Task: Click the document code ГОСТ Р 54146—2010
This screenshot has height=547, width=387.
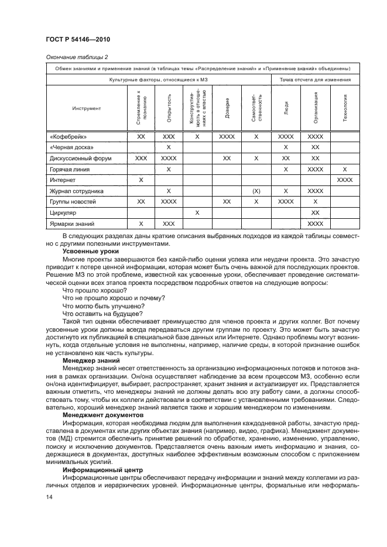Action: tap(78, 39)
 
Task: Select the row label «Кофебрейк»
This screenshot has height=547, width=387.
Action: tap(66, 136)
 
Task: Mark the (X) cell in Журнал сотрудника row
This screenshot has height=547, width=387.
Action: tap(256, 191)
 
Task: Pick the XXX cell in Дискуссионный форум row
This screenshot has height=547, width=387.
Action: tap(141, 158)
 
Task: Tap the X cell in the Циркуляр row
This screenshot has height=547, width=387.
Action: tap(197, 212)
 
